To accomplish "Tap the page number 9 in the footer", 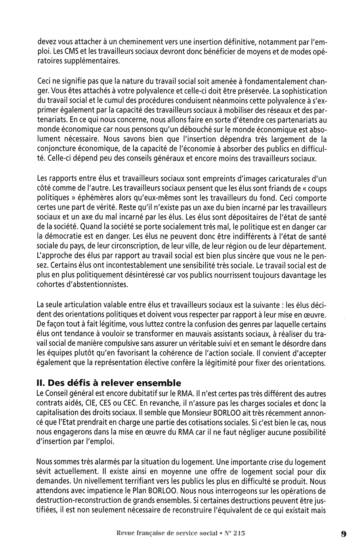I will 343,534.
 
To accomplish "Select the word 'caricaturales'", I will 288,179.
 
